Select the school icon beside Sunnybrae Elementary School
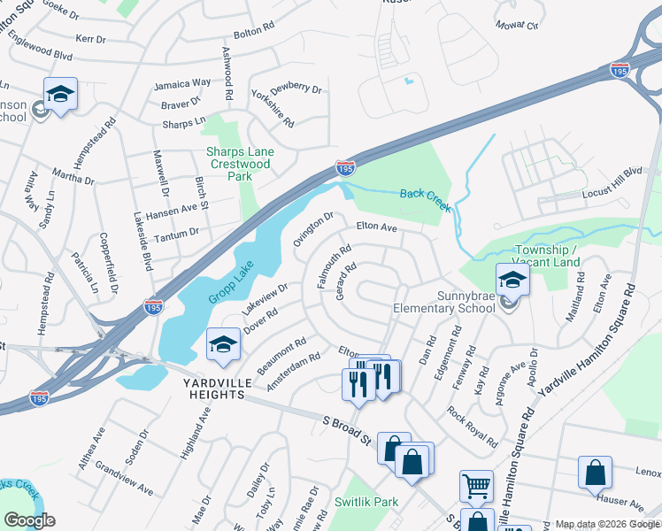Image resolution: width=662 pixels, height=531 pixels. point(512,282)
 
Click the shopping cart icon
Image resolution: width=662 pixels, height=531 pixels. point(476,486)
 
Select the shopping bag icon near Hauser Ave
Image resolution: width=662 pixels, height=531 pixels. point(595,473)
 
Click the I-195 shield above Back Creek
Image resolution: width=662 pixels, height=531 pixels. point(345,167)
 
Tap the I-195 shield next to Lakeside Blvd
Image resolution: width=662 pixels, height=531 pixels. point(153,306)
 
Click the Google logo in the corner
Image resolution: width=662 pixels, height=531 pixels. point(29,519)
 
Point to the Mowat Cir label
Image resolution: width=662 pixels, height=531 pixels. point(517,26)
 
